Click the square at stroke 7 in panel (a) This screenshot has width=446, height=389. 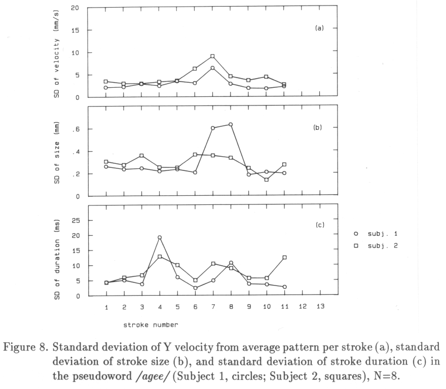[x=212, y=56]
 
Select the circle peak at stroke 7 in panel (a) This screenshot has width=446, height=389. [x=212, y=68]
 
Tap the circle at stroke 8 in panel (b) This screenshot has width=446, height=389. [x=231, y=124]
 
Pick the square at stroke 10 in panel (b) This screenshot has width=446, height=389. [x=267, y=180]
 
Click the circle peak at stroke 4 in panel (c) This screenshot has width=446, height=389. [x=160, y=237]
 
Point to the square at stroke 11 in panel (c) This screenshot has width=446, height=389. [x=284, y=257]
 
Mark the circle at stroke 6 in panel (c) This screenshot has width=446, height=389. [x=196, y=288]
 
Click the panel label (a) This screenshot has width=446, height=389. [x=319, y=28]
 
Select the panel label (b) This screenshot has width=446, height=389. [x=318, y=127]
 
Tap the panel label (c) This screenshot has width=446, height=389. [x=320, y=225]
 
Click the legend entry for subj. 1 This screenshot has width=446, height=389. [x=376, y=234]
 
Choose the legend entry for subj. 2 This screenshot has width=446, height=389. [x=376, y=246]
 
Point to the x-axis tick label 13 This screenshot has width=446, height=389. [x=320, y=306]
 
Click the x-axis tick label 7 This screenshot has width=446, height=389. [x=213, y=306]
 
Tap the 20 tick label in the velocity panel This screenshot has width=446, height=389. [x=75, y=8]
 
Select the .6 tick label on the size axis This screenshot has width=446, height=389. [x=76, y=129]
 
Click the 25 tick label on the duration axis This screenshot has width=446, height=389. [x=76, y=221]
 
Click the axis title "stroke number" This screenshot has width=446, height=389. [x=151, y=325]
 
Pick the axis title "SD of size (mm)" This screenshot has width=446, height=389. [x=57, y=153]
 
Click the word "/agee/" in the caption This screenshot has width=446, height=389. [x=153, y=377]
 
